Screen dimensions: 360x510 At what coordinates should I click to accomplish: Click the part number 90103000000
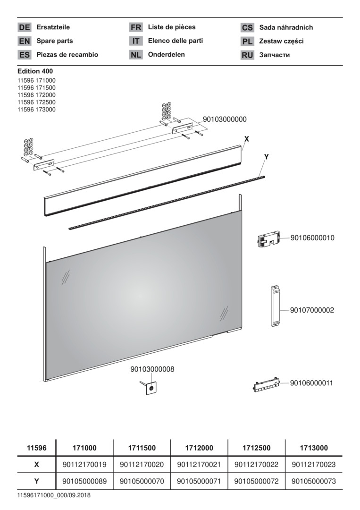[225, 119]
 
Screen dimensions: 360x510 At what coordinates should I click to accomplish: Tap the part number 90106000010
[312, 238]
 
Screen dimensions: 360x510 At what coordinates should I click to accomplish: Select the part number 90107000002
[312, 310]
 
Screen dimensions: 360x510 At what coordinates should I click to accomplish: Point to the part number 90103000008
[152, 369]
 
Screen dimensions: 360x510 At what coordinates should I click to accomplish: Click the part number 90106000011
[311, 383]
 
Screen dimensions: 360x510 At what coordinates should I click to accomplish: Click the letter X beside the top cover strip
[247, 139]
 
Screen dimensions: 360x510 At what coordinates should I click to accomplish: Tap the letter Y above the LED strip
[267, 157]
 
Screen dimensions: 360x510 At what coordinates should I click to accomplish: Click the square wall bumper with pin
[149, 387]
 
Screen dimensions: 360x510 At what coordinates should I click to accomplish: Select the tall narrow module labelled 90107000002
[275, 306]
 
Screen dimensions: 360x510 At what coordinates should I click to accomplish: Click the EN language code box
[25, 41]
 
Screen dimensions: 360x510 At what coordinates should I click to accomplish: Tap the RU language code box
[247, 55]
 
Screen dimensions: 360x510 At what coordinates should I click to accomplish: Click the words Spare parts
[55, 41]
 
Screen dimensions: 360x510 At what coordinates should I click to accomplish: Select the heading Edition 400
[35, 71]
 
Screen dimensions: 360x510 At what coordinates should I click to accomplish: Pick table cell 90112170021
[199, 465]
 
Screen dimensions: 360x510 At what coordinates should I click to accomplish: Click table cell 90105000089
[84, 481]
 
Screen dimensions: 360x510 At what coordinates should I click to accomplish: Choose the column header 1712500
[256, 448]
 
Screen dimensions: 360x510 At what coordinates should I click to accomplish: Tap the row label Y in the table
[37, 481]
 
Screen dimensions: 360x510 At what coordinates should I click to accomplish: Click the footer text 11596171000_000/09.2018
[54, 496]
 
